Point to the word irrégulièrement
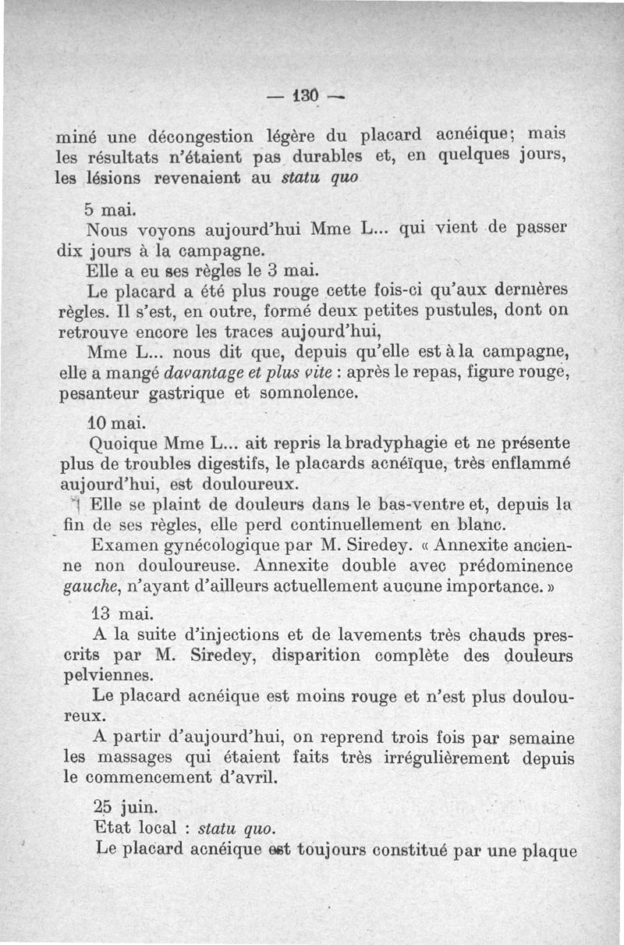441,757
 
